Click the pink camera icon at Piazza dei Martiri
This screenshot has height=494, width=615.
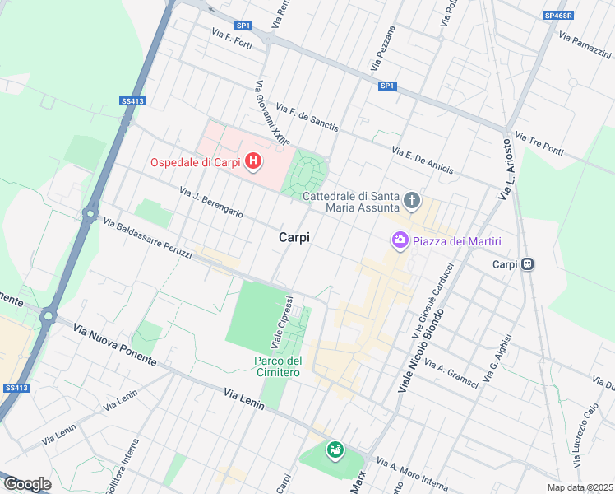tap(400, 240)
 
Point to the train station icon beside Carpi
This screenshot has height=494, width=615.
tap(528, 264)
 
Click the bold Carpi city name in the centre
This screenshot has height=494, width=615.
tap(294, 237)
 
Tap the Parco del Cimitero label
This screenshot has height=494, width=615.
tap(277, 366)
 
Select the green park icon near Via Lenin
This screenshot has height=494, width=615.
tap(335, 450)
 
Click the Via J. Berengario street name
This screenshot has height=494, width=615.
tap(211, 202)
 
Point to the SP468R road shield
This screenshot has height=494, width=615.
tap(558, 15)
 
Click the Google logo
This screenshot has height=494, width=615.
tap(27, 484)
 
